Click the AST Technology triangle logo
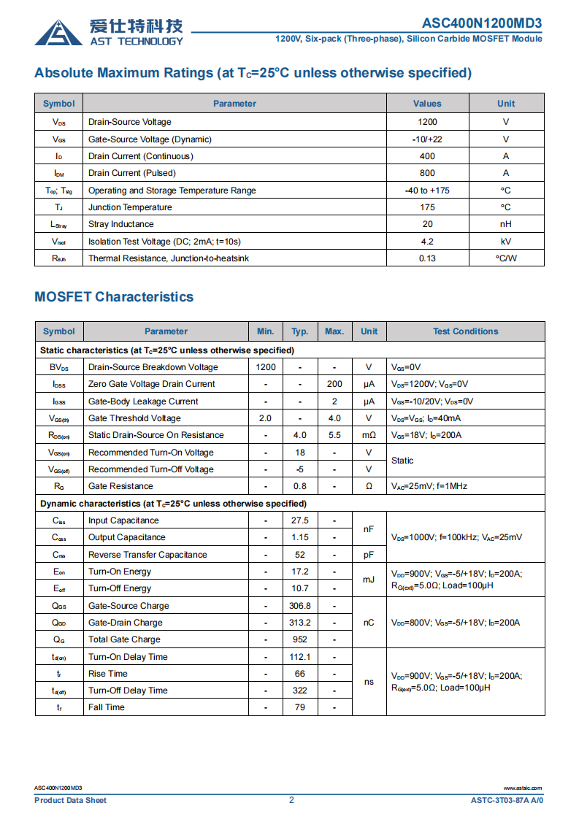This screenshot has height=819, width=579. (58, 32)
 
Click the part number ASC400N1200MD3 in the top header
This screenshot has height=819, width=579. (482, 23)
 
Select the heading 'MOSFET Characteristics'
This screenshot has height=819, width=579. (114, 297)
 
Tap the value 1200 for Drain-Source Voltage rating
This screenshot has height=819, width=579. (427, 122)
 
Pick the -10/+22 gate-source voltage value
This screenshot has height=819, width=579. (427, 139)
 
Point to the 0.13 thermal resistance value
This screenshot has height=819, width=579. (427, 258)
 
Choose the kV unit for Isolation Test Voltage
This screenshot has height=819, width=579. (506, 242)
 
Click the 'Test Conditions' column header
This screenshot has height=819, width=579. (465, 331)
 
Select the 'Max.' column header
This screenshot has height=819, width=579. (334, 331)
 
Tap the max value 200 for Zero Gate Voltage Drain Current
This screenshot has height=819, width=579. (334, 384)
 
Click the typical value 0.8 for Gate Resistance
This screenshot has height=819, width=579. (300, 486)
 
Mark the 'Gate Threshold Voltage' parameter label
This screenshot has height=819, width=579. (134, 418)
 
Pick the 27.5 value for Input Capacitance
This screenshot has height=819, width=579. (300, 520)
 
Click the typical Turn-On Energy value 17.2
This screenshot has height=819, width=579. (300, 572)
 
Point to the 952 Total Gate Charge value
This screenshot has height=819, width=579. (300, 639)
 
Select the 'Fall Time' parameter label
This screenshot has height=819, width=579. (107, 707)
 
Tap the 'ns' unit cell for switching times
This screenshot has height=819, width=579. (369, 682)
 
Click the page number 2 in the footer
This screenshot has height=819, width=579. (291, 800)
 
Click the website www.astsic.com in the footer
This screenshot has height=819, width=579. (523, 788)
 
